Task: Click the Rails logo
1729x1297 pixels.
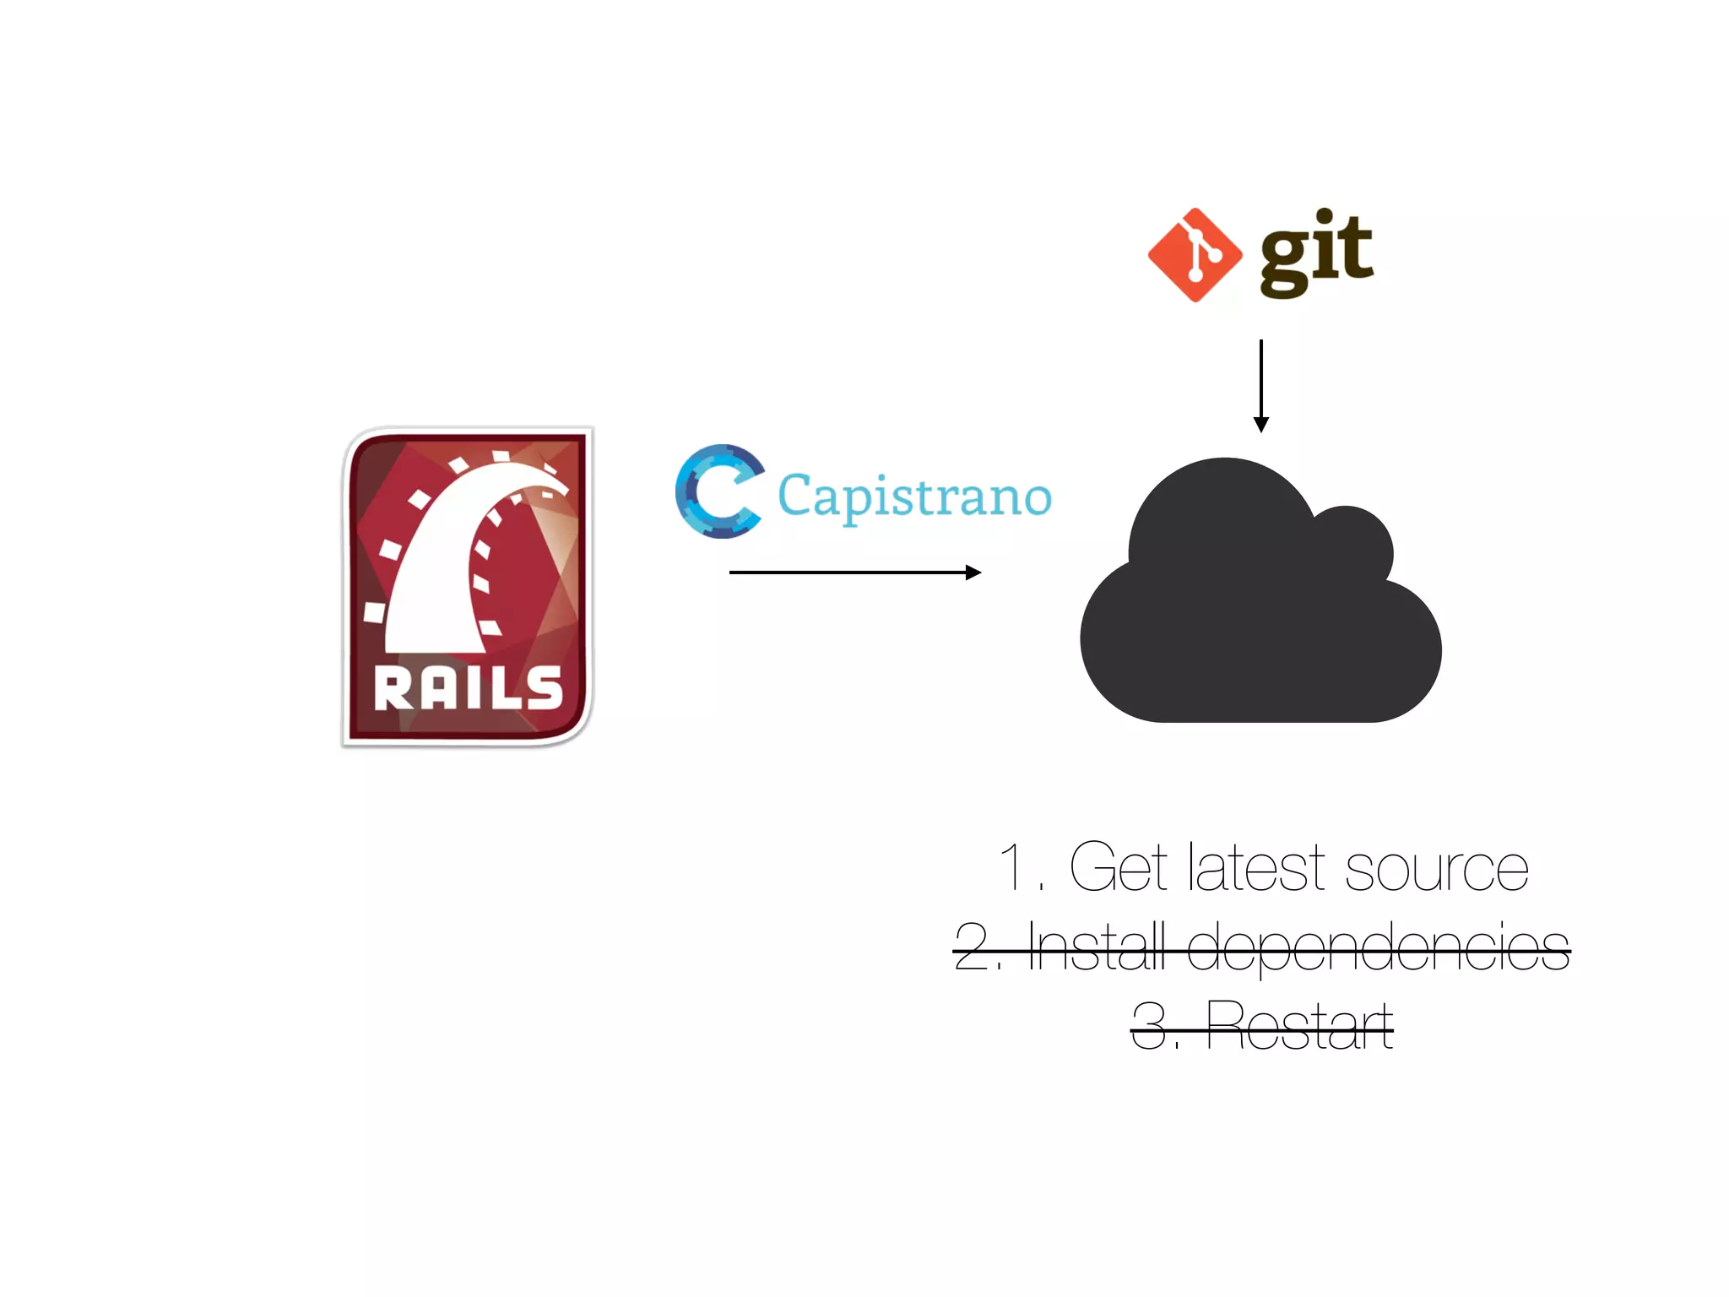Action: (467, 587)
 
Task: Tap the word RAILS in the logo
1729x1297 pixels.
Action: (469, 688)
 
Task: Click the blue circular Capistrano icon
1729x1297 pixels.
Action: (718, 491)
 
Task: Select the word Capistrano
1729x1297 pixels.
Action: (914, 497)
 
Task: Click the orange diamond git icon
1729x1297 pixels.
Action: (1195, 254)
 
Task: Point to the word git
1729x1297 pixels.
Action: (1316, 252)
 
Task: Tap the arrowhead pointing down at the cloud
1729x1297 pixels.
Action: (1261, 424)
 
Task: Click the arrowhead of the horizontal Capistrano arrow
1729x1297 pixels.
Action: (973, 573)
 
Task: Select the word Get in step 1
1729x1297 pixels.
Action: (1119, 867)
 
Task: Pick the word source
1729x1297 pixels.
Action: (1436, 870)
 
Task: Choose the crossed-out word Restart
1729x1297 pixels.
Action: (1299, 1025)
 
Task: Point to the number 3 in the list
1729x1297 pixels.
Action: (1149, 1025)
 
